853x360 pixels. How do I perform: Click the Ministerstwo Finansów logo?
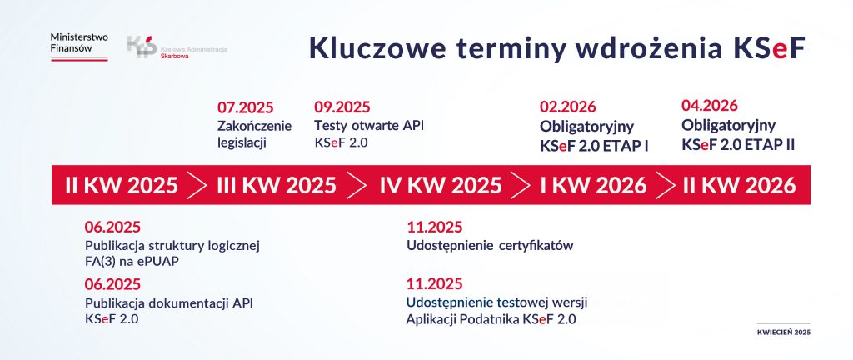[79, 45]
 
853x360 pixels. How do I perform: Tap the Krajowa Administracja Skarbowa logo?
[177, 47]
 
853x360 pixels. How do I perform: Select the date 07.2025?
[245, 107]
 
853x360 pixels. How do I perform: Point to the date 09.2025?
[342, 107]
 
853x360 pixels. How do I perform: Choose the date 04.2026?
[710, 106]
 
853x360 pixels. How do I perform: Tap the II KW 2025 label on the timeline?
[122, 185]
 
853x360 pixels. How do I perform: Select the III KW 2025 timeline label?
[277, 185]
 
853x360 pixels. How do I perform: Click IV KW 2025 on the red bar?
[441, 185]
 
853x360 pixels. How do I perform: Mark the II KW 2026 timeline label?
[739, 185]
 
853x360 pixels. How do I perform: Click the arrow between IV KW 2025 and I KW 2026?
[521, 185]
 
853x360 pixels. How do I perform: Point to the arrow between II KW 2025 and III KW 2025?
[197, 185]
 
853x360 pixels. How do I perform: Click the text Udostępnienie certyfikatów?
[490, 246]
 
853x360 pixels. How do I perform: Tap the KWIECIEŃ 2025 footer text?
[783, 332]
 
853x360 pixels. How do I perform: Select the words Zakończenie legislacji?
[254, 134]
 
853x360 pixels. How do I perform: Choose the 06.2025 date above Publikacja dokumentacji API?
[112, 283]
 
